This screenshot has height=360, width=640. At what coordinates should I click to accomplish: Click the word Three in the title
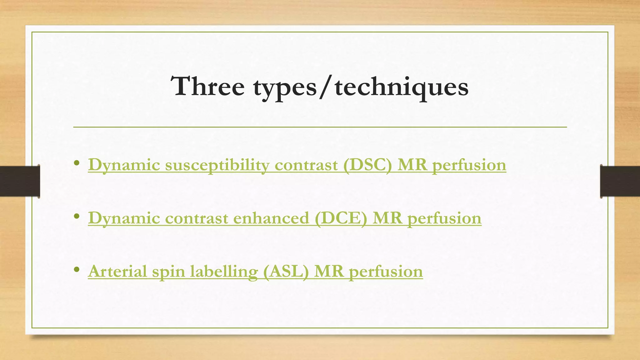pyautogui.click(x=207, y=86)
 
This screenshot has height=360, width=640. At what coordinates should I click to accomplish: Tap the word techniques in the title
pyautogui.click(x=402, y=87)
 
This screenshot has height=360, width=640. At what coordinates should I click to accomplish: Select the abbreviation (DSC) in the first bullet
pyautogui.click(x=367, y=165)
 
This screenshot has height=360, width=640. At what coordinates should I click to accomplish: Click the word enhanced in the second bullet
pyautogui.click(x=271, y=218)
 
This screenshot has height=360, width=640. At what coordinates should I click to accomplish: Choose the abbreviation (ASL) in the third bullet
pyautogui.click(x=286, y=271)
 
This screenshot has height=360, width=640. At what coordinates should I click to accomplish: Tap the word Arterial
pyautogui.click(x=117, y=271)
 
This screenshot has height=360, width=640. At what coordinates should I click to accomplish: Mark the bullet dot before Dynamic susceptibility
pyautogui.click(x=77, y=163)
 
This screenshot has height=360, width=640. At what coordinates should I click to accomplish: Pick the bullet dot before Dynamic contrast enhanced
pyautogui.click(x=77, y=216)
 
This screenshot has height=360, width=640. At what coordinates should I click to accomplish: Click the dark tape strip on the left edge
pyautogui.click(x=19, y=181)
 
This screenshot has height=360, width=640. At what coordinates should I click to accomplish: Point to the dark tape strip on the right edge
pyautogui.click(x=620, y=181)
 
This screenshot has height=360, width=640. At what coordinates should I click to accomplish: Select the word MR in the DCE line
pyautogui.click(x=387, y=218)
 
